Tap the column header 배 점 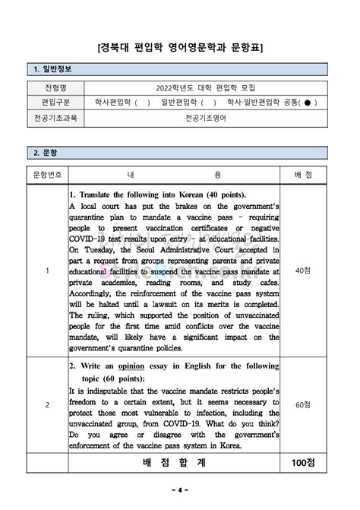[302, 175]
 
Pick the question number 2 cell [47, 404]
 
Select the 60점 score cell [302, 404]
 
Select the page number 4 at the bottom [180, 489]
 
